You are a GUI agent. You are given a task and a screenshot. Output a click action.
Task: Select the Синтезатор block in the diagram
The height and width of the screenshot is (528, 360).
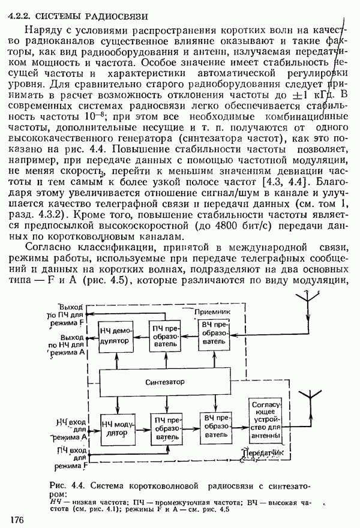164,382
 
